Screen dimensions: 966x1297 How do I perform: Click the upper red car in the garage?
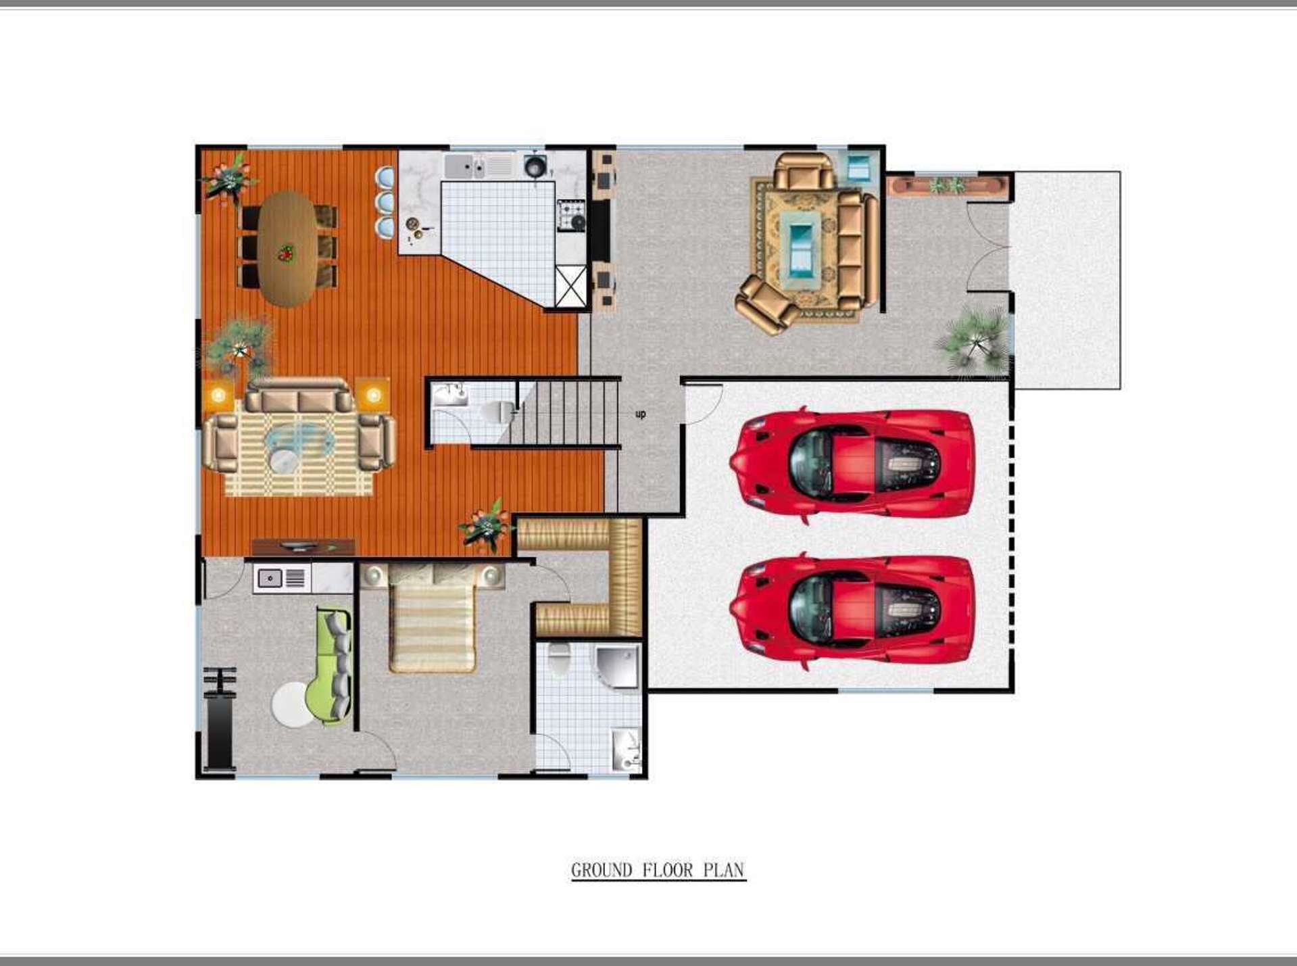pos(852,464)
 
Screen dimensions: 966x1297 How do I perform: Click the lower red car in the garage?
pos(852,610)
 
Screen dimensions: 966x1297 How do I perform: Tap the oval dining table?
pos(287,248)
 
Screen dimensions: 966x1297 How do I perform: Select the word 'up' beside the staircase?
pos(640,414)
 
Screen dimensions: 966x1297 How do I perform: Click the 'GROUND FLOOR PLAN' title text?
pos(658,870)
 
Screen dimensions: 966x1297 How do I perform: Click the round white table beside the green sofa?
pos(292,705)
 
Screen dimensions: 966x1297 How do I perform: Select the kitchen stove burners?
pos(571,215)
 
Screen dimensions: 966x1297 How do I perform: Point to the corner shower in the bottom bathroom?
pos(616,665)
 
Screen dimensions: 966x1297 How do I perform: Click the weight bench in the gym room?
pos(219,720)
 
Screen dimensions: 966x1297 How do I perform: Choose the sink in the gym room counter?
pos(270,579)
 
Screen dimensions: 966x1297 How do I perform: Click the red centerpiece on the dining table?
pos(286,253)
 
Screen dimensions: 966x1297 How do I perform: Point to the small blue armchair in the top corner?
pos(858,166)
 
